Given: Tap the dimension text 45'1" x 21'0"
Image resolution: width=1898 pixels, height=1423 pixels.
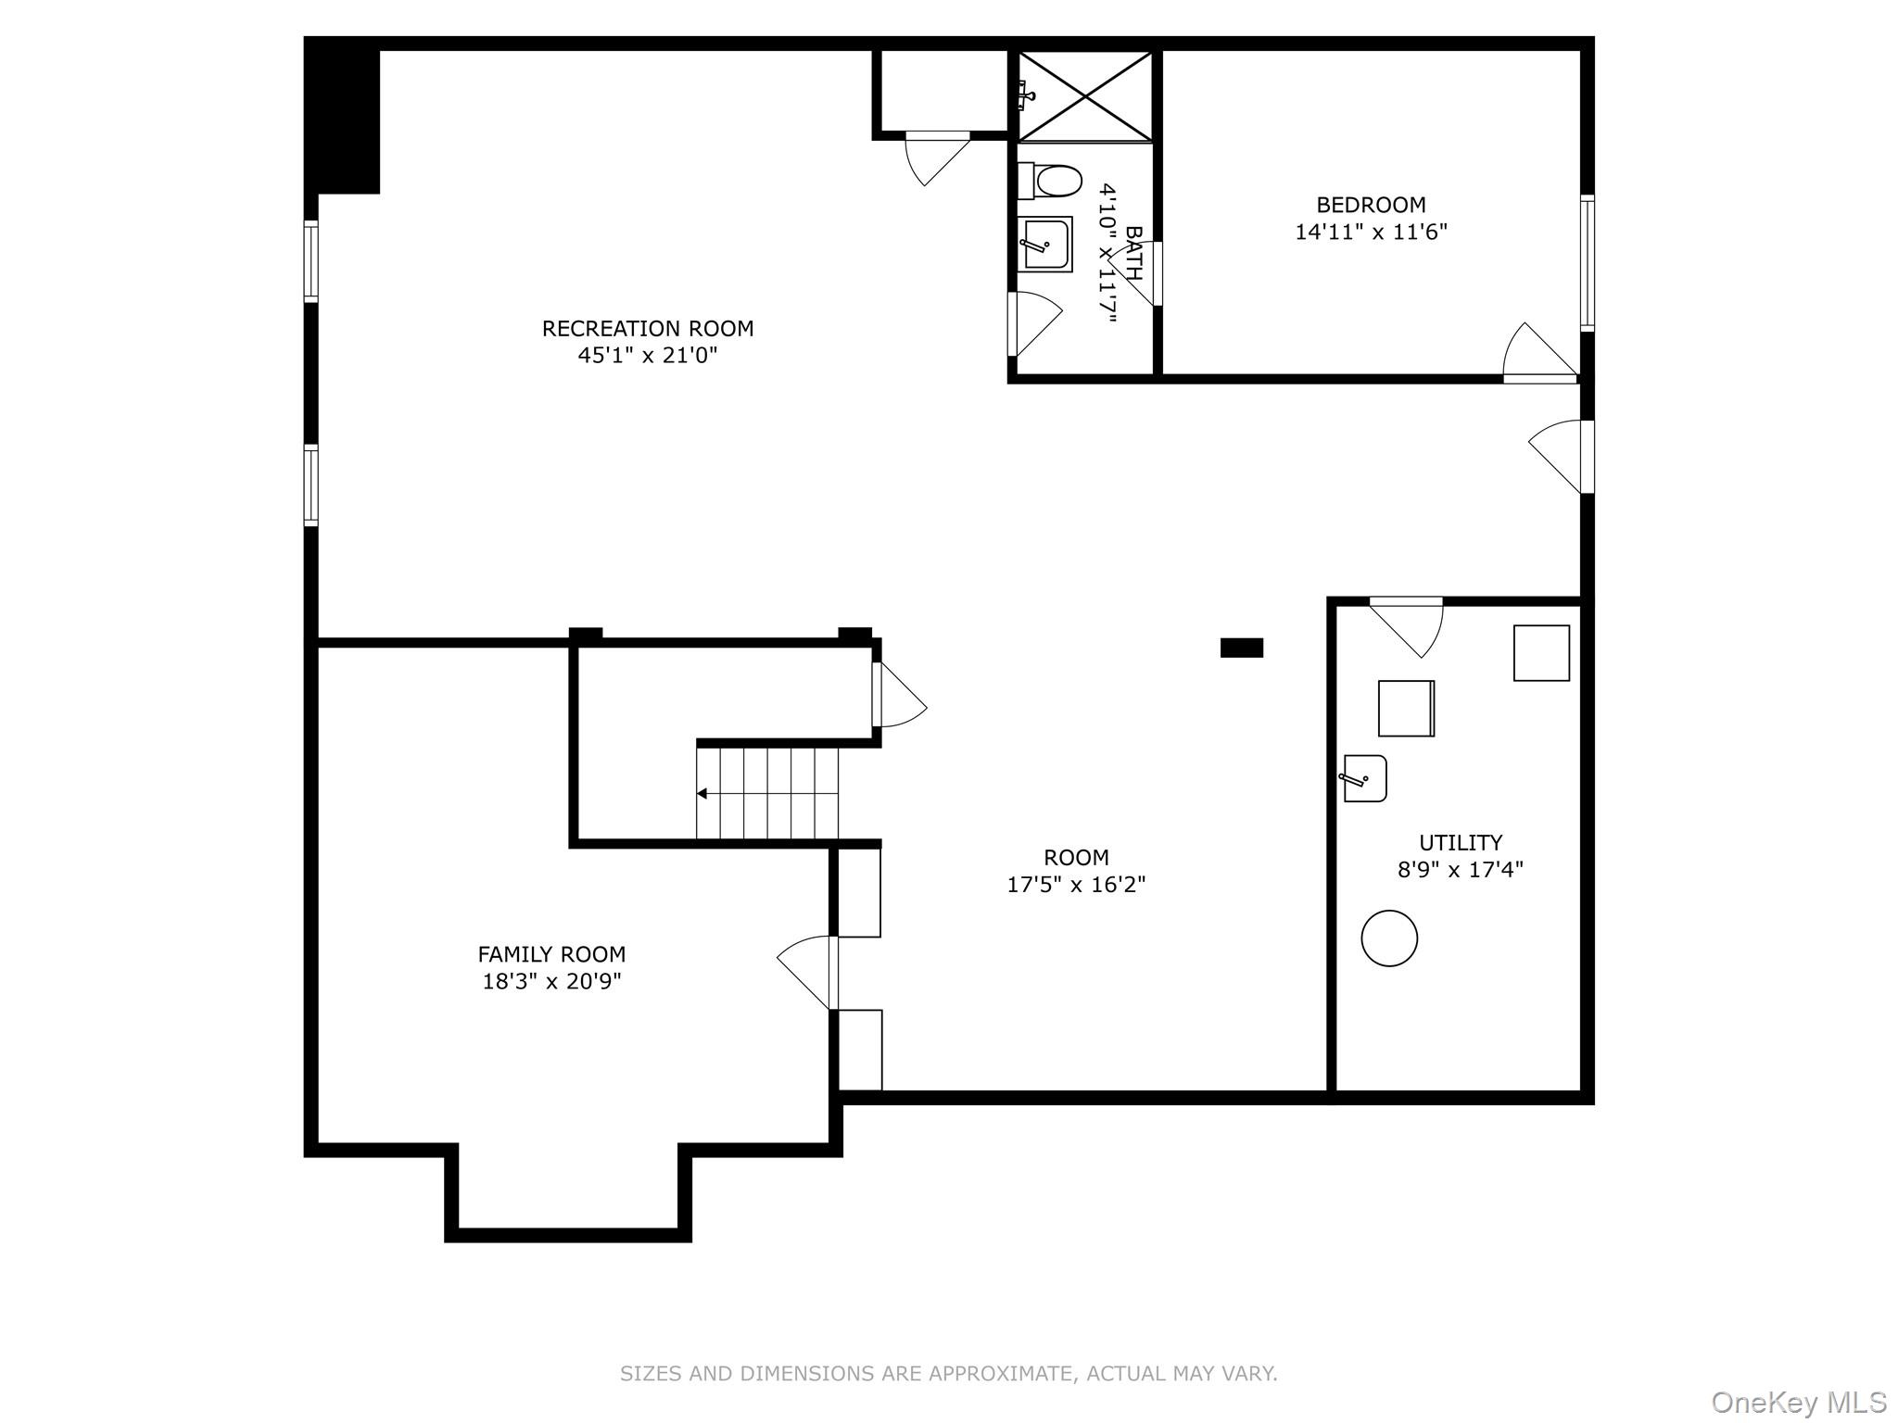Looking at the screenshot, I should click(x=648, y=355).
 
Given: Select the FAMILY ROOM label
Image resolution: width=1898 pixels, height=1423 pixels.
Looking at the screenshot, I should click(x=551, y=954).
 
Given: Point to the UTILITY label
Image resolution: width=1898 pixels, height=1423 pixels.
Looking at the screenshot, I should click(x=1461, y=842).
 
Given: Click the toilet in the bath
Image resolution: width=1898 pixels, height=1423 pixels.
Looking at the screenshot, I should click(x=1052, y=181).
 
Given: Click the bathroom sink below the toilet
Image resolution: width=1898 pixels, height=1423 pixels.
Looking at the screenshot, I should click(x=1046, y=245).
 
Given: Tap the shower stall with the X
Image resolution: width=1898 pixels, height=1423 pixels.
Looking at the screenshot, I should click(x=1085, y=96).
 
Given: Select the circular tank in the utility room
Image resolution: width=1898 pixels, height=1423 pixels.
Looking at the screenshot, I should click(x=1389, y=938).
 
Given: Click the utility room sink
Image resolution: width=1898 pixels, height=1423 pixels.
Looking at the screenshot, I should click(x=1366, y=778).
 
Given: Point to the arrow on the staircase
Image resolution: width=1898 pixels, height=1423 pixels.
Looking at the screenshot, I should click(x=702, y=793).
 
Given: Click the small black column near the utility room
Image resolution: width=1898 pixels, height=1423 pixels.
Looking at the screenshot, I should click(x=1241, y=648).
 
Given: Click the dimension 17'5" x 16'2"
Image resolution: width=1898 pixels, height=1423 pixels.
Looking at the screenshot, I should click(x=1076, y=885).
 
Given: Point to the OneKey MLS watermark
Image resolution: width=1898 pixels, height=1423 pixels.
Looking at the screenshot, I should click(x=1798, y=1402).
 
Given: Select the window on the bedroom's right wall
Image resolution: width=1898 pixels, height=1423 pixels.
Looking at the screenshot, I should click(x=1588, y=263).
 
